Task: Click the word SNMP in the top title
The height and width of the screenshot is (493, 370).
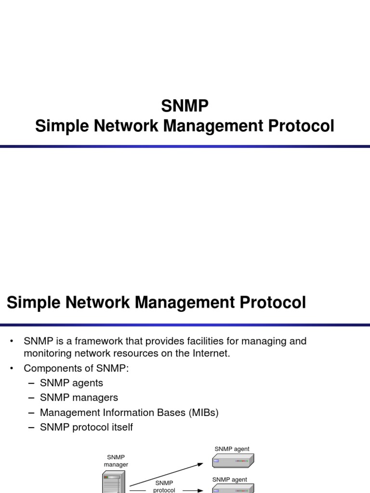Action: click(185, 105)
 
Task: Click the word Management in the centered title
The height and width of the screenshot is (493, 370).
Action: click(213, 126)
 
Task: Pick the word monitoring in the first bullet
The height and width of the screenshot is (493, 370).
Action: click(47, 354)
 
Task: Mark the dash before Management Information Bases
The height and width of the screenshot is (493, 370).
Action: click(31, 413)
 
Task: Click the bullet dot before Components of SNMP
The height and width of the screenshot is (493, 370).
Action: click(12, 368)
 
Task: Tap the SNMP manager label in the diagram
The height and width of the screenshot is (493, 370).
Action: click(116, 460)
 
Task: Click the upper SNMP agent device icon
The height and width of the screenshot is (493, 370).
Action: click(233, 461)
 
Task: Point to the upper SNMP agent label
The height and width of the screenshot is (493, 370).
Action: click(232, 449)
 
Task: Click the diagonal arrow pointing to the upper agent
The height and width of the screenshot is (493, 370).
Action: click(166, 474)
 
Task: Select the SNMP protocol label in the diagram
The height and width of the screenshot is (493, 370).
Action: click(164, 486)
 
